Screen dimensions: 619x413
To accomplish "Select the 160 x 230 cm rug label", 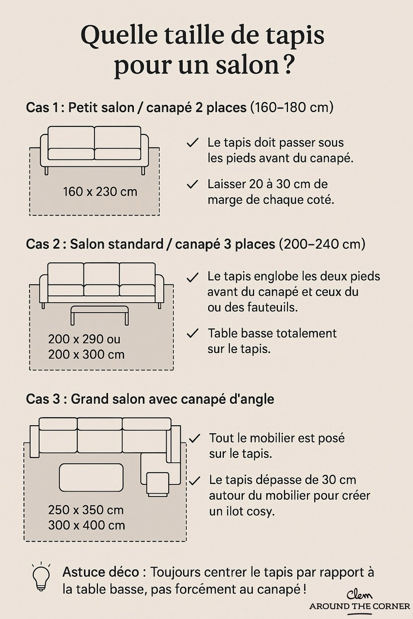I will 100,192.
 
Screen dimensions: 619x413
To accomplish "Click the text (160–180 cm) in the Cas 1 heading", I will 292,107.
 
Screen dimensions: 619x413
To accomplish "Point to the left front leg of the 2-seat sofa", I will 46,171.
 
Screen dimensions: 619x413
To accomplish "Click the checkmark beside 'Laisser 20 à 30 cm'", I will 192,185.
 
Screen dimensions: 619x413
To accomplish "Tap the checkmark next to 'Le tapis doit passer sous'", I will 192,143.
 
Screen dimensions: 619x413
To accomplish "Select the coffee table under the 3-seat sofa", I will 100,314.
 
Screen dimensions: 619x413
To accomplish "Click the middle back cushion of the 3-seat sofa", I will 101,274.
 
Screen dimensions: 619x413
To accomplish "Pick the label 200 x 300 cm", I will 86,355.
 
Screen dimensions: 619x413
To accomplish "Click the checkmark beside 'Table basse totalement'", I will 192,333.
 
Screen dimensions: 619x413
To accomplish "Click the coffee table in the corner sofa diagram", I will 91,478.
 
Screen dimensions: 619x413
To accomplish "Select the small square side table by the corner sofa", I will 158,484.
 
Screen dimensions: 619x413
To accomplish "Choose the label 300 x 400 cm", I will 86,525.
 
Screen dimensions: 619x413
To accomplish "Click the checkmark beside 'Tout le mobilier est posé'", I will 194,439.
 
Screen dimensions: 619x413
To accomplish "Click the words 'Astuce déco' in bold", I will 101,572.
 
